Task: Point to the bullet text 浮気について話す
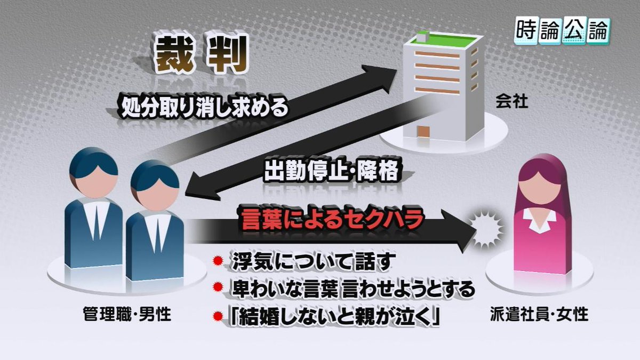point(313,262)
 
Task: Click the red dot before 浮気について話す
point(218,262)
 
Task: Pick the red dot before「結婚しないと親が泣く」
point(218,318)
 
